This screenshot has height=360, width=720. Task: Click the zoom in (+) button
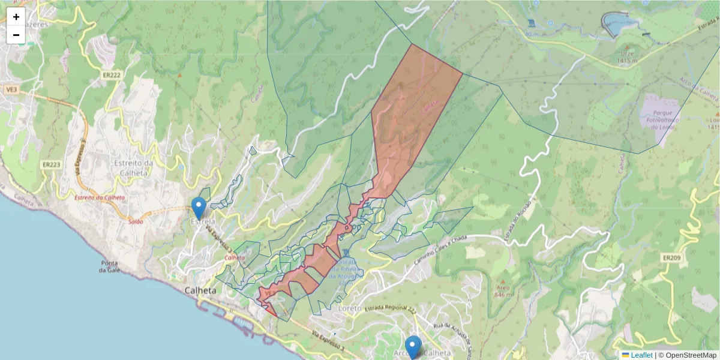point(16,17)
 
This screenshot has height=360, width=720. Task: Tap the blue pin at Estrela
point(199,208)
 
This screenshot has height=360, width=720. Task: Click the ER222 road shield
point(112,74)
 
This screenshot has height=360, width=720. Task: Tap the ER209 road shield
point(672,257)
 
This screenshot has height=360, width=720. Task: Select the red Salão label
point(135,221)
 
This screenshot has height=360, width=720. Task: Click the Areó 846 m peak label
point(502,292)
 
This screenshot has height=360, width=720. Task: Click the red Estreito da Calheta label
point(99,197)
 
